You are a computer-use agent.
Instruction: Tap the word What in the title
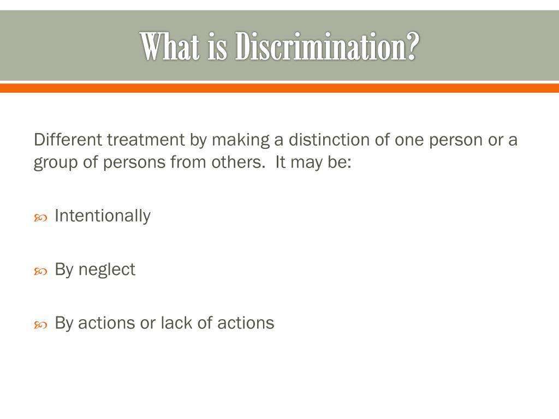pyautogui.click(x=171, y=47)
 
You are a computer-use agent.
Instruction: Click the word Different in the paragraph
pyautogui.click(x=68, y=140)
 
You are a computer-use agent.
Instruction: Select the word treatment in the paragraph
pyautogui.click(x=146, y=140)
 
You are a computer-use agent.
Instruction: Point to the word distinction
pyautogui.click(x=329, y=140)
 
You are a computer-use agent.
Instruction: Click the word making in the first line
pyautogui.click(x=241, y=141)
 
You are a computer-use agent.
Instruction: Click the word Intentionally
pyautogui.click(x=103, y=216)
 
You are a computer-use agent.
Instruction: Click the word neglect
pyautogui.click(x=107, y=270)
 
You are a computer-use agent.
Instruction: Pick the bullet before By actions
pyautogui.click(x=40, y=325)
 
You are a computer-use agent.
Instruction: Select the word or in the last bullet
pyautogui.click(x=148, y=324)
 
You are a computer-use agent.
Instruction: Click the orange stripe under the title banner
pyautogui.click(x=279, y=88)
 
